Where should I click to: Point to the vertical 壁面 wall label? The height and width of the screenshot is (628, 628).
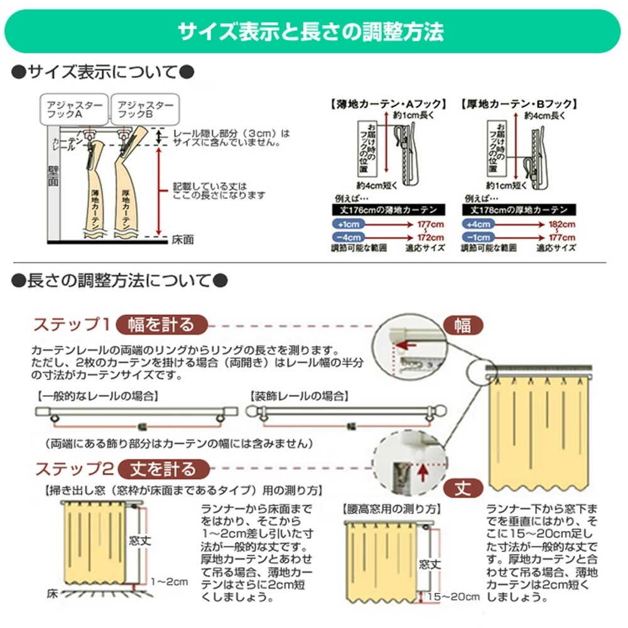coord(55,178)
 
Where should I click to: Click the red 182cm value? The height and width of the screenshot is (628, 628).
coord(561,224)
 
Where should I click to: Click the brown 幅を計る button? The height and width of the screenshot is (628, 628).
coord(161,324)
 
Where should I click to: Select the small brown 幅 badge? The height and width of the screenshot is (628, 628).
coord(463,325)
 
